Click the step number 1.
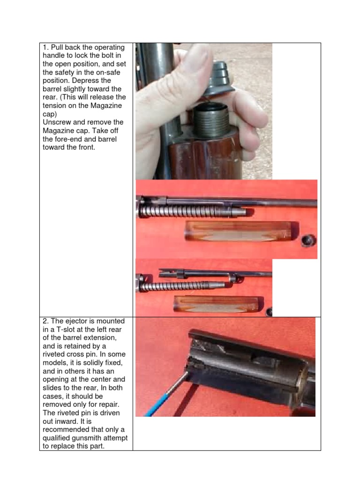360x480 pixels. coord(45,48)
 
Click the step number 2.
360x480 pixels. coord(45,321)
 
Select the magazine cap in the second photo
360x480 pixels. coord(308,240)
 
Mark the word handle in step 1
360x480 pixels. coord(56,56)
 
